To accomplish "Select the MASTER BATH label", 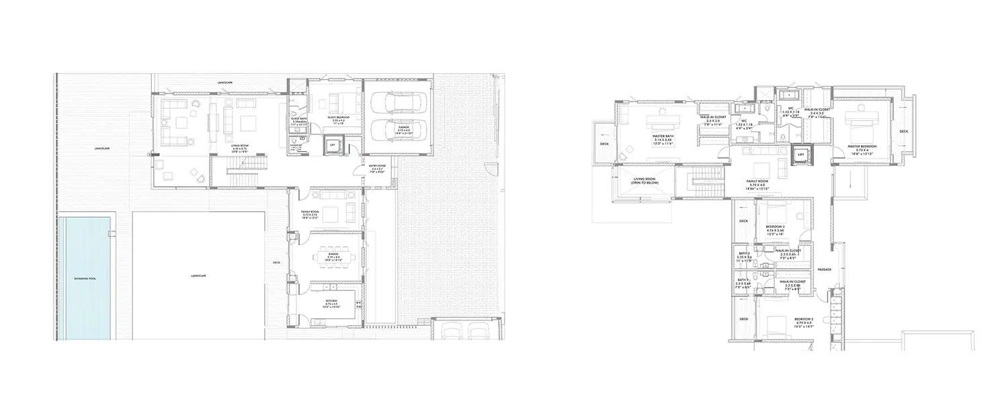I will pyautogui.click(x=663, y=136).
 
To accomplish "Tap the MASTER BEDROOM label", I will pyautogui.click(x=863, y=147).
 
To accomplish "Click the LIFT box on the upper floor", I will pyautogui.click(x=800, y=155).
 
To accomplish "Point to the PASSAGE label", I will pyautogui.click(x=825, y=269).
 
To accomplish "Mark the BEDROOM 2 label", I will pyautogui.click(x=804, y=319).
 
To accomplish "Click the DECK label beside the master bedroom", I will pyautogui.click(x=903, y=132).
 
